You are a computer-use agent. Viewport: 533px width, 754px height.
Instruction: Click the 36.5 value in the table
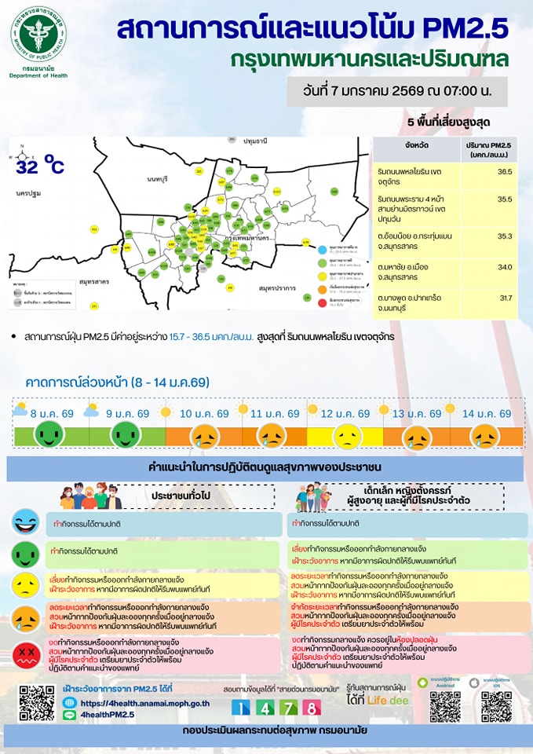pyautogui.click(x=504, y=170)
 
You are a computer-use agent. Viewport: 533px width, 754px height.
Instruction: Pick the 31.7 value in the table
pyautogui.click(x=505, y=298)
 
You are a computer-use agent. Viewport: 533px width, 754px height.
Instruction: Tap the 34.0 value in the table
pyautogui.click(x=504, y=267)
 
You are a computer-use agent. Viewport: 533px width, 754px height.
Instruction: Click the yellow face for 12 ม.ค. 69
pyautogui.click(x=345, y=434)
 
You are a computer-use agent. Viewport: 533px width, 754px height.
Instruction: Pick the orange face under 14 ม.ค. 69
pyautogui.click(x=484, y=434)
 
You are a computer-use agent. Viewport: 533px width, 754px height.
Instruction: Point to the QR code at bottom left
pyautogui.click(x=35, y=702)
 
